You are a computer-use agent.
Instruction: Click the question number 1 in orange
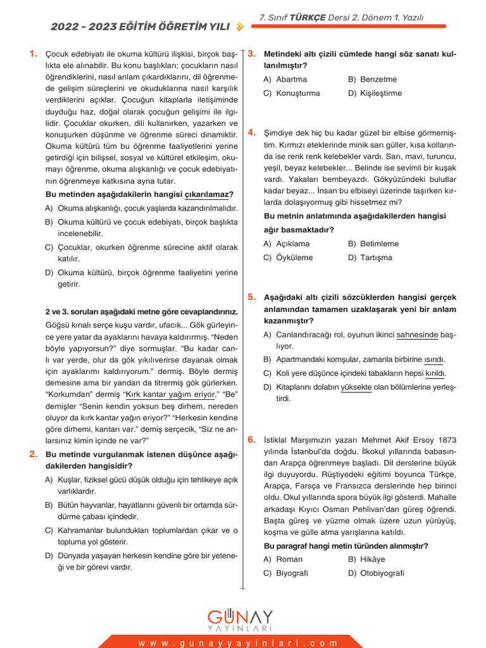tap(33, 54)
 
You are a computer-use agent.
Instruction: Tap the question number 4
tap(251, 132)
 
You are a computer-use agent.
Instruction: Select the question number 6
tap(251, 439)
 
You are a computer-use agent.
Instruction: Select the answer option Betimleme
tap(379, 244)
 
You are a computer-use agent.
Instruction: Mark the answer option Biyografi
tap(292, 573)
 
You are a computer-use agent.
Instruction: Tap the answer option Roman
tap(289, 559)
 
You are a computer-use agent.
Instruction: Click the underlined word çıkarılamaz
tap(206, 194)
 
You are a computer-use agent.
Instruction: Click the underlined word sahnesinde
tap(417, 334)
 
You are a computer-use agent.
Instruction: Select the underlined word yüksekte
tap(356, 387)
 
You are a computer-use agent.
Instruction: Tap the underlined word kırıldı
tap(435, 373)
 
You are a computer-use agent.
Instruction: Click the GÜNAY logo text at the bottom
tap(240, 617)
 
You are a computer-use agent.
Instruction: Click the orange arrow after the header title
tap(239, 27)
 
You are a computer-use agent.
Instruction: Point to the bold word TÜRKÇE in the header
tap(308, 18)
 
